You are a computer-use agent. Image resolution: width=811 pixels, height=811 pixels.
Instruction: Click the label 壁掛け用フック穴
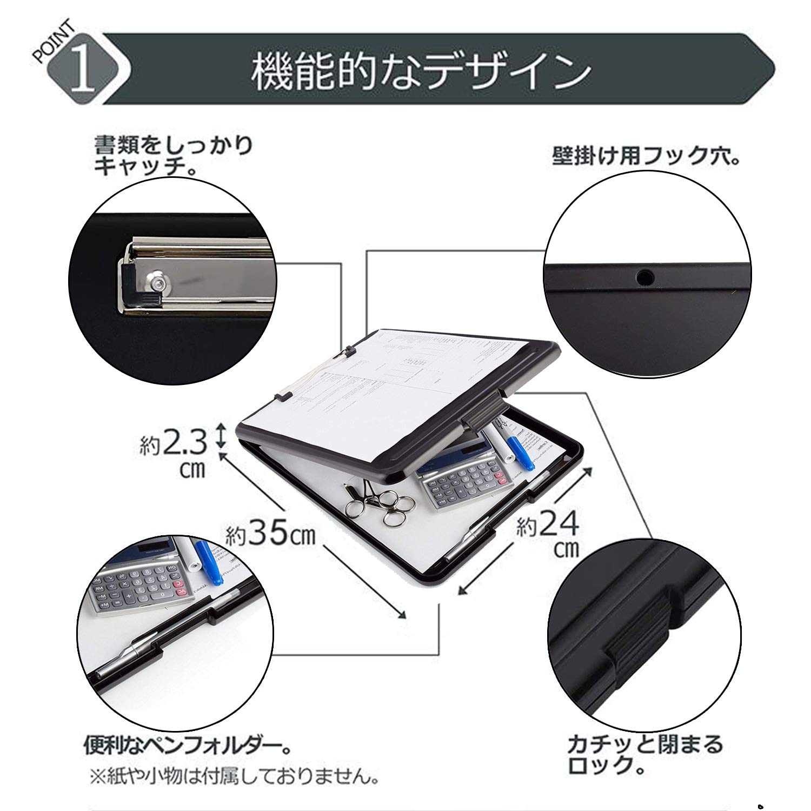646,157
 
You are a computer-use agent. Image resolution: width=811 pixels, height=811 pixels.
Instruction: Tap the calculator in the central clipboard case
460,476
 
